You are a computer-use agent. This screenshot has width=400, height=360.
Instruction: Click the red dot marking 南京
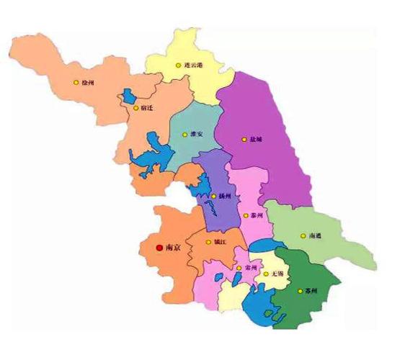159,248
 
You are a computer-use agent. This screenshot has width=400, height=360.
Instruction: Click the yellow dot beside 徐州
76,82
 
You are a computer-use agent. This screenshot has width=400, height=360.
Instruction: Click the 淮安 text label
196,134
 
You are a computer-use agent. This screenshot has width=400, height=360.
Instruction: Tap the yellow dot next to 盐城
243,139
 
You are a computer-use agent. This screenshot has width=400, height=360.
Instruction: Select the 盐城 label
257,139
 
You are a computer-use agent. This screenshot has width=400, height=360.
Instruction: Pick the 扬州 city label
225,196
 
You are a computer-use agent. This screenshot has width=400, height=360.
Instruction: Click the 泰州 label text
257,215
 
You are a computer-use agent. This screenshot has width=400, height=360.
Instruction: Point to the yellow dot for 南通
303,235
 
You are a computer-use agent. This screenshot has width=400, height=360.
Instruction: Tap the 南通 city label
315,235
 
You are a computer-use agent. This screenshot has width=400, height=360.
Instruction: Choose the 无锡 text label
277,274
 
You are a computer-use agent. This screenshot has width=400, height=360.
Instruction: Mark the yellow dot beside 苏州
300,292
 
